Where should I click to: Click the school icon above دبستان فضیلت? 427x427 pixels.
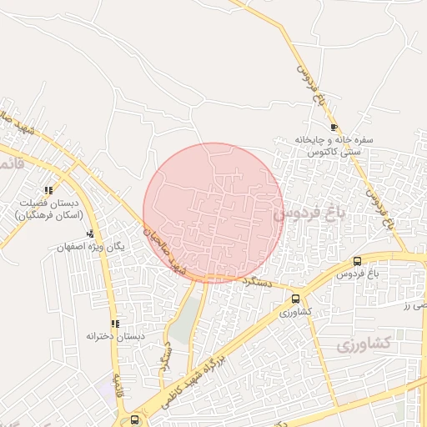(49, 190)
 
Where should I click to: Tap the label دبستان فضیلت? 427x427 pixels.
(51, 203)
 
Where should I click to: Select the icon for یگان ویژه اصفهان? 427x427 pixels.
(90, 234)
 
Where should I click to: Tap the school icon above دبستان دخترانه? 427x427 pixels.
(114, 324)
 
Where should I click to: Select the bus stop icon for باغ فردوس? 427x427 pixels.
(358, 261)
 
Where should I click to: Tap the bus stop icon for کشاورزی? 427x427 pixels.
(296, 299)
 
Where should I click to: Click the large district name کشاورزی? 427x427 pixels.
(364, 344)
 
